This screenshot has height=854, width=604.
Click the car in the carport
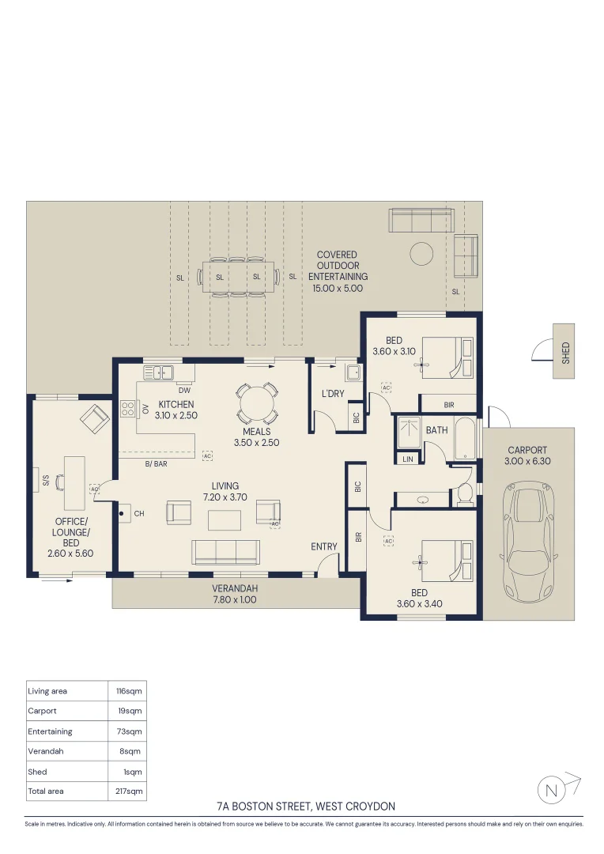coord(527,542)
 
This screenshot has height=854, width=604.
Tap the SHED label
coord(566,353)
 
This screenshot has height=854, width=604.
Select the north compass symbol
coord(559,788)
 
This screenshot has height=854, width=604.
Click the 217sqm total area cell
coord(129,791)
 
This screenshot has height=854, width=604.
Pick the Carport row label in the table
coord(42,711)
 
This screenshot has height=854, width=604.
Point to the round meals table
coord(257,404)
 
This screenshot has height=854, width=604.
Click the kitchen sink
coord(158,372)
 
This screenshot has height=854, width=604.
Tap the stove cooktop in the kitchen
coord(127,409)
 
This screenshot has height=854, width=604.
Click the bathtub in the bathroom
coord(465,439)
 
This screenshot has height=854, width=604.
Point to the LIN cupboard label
coord(408,459)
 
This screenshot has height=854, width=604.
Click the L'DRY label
coord(333,393)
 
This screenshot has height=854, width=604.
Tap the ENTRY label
coord(324,546)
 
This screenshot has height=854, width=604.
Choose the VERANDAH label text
coord(235,588)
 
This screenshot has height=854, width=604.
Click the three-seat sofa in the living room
coord(225,552)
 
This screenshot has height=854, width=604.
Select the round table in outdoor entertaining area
coord(421,254)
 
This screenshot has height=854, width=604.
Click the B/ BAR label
coord(157,464)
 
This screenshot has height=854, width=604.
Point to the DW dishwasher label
coord(185,390)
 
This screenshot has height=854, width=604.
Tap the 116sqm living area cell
coord(129,691)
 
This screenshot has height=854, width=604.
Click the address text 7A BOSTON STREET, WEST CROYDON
coord(306,806)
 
